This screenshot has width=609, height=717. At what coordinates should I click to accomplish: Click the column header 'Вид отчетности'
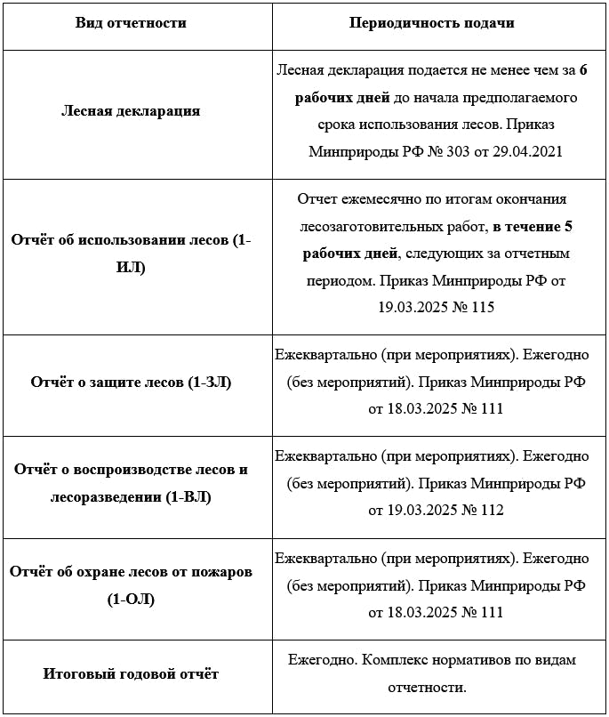(131, 23)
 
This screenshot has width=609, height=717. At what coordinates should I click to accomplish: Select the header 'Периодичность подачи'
(432, 23)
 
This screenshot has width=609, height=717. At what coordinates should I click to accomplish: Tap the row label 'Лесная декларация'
(131, 111)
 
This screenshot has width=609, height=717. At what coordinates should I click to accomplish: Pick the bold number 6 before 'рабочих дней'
(583, 68)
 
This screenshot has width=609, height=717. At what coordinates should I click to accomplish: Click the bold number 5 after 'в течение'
(568, 227)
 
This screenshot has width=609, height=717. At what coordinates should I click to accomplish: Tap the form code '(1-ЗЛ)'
(209, 382)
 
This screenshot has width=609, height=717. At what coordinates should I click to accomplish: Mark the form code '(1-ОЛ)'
(131, 599)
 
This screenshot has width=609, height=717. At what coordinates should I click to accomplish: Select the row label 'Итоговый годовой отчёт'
(131, 673)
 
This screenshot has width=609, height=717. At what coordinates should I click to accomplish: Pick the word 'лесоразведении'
(106, 496)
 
